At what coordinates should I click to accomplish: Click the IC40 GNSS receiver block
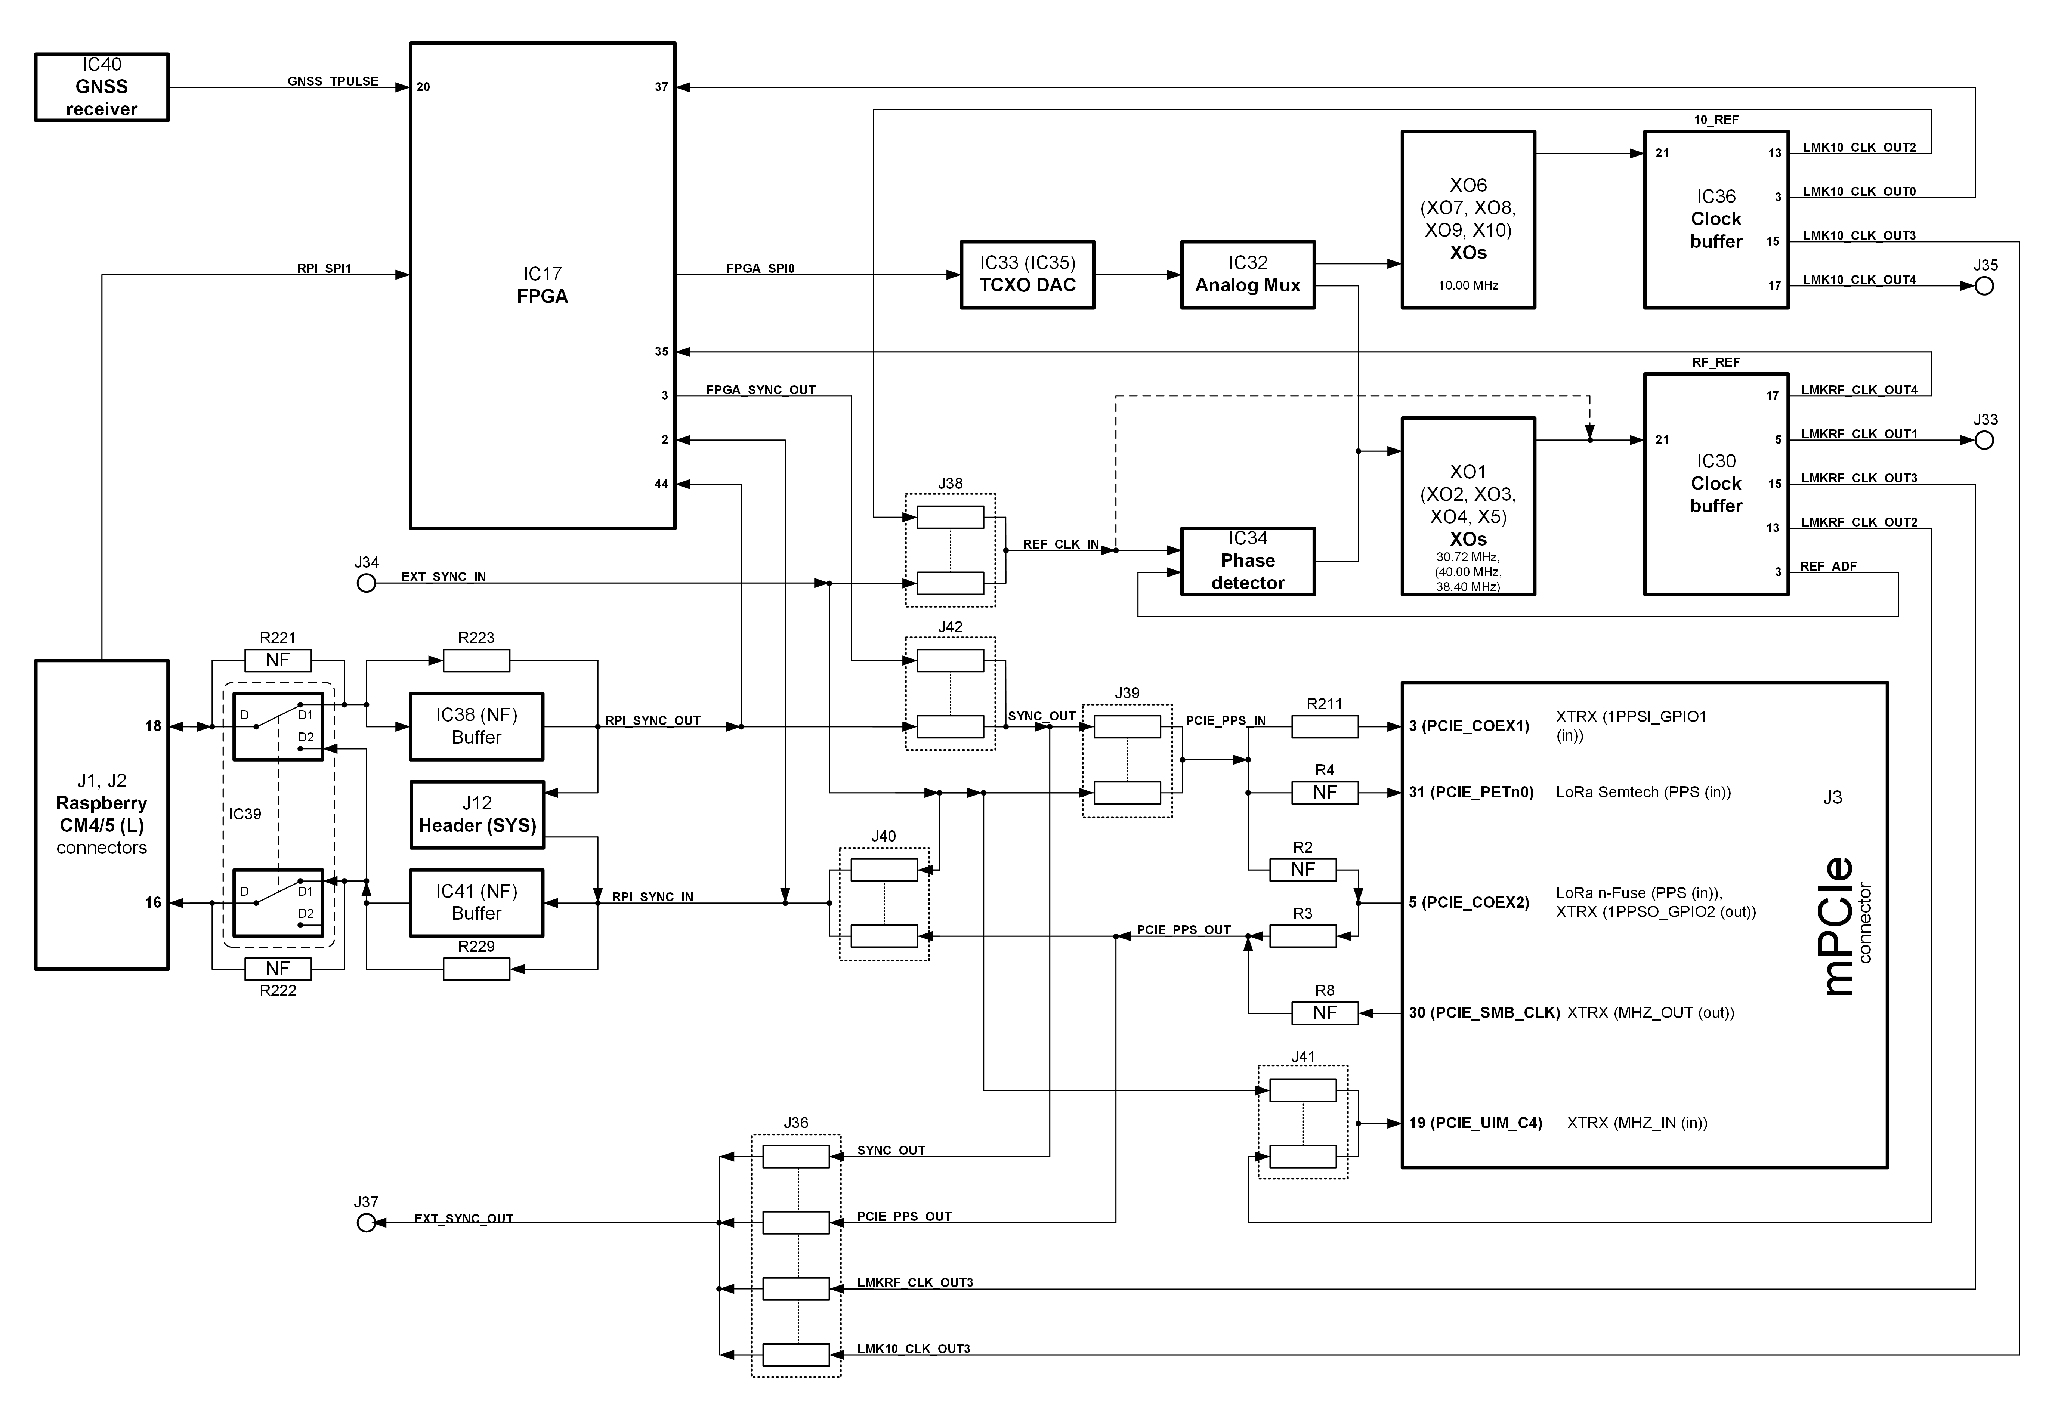tap(101, 87)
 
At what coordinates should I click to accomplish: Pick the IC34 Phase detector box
tap(1247, 561)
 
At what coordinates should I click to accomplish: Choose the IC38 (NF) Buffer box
tap(477, 726)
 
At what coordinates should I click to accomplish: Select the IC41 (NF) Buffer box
tap(477, 902)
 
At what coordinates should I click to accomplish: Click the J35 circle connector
tap(1984, 285)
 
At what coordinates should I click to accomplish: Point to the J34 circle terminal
tap(366, 583)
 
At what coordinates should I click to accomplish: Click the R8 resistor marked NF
tap(1325, 1013)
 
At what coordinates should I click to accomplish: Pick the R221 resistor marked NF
tap(278, 660)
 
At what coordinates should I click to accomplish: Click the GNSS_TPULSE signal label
tap(333, 81)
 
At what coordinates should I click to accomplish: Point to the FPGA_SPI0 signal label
tap(761, 268)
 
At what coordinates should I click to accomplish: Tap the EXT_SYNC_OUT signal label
tap(463, 1218)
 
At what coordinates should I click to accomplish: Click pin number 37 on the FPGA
tap(661, 87)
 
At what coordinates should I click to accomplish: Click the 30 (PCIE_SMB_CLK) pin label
tap(1484, 1013)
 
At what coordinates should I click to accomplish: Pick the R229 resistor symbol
tap(477, 969)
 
